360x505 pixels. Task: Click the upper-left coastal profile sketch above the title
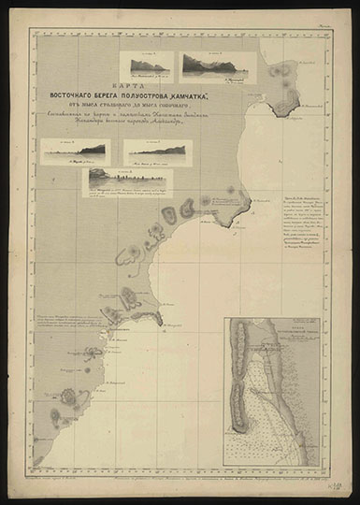[148, 63]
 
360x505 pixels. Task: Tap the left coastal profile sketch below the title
[74, 151]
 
